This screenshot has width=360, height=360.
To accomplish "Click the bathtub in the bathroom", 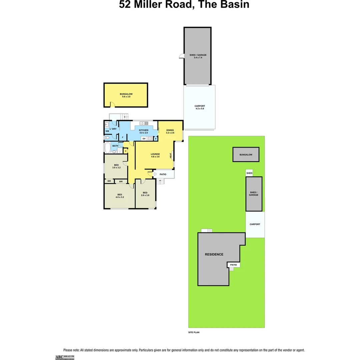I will coord(107,148).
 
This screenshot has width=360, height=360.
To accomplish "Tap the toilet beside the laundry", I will coord(106,137).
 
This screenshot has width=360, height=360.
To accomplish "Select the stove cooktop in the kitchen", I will coord(150,138).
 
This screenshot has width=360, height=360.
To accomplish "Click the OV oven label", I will coord(144,138).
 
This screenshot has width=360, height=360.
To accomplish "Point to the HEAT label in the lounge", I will coord(171,155).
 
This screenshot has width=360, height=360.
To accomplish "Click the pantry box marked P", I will coord(155,139).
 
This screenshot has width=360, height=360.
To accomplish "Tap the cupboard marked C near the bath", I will coord(125,151).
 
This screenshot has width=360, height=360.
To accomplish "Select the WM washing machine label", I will coord(107,131).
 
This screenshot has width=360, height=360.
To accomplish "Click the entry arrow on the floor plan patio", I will coord(155,174).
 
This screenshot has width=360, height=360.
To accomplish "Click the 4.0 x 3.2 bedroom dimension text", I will coord(120,197).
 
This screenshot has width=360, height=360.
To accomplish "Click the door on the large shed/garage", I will coord(182,56).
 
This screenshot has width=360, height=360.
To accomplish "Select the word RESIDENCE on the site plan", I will coord(214,254).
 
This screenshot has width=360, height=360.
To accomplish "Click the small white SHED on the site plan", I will coord(249,173).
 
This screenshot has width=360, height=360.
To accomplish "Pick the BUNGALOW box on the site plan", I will coord(246,155).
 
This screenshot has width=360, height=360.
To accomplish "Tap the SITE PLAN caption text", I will coord(194,332).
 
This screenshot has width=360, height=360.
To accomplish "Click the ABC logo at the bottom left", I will coord(59,357).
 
